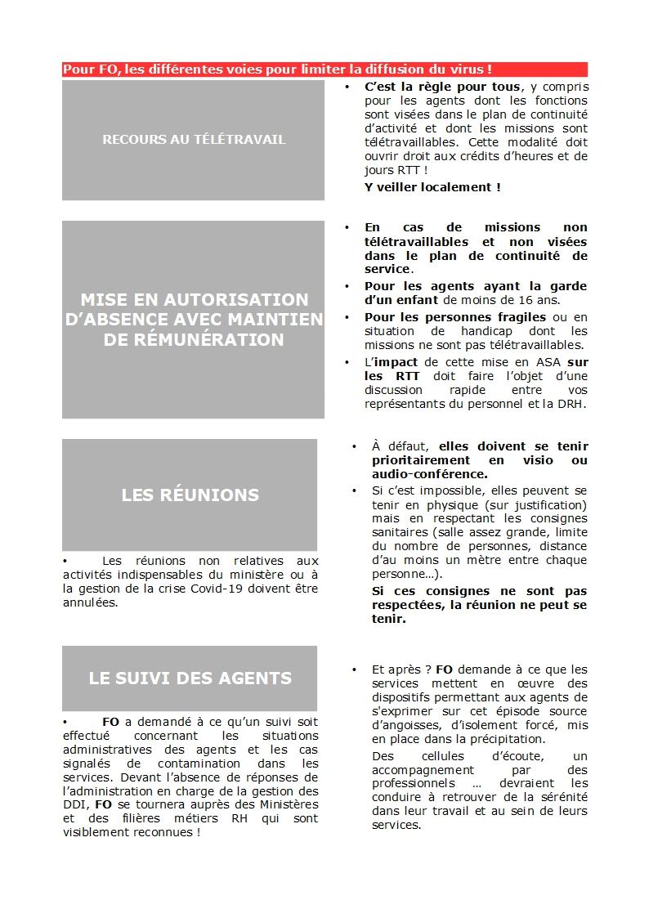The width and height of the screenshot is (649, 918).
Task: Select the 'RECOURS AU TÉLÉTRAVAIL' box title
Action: [194, 140]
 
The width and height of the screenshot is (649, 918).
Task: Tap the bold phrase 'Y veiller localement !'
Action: [432, 187]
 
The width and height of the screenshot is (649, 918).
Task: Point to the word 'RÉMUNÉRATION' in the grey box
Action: [194, 339]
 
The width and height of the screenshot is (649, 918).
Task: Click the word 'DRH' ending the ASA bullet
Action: [574, 404]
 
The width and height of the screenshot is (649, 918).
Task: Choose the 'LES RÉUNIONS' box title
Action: [190, 495]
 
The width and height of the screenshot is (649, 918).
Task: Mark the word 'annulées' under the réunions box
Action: [89, 603]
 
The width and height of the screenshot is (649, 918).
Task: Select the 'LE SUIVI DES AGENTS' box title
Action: [190, 678]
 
